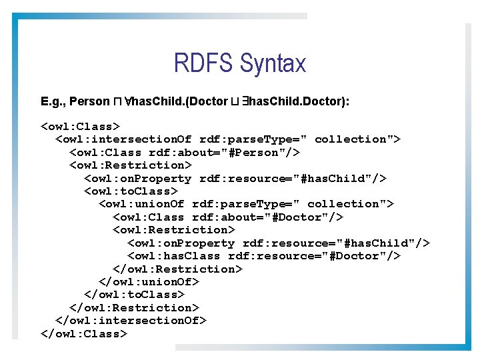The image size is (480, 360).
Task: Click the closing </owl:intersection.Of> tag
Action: coord(131,321)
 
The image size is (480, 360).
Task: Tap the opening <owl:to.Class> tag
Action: coord(131,191)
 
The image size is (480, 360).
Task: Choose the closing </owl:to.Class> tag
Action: coord(134,295)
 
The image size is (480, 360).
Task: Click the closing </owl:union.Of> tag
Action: coord(149,282)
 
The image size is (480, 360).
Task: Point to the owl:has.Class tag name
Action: coord(177,256)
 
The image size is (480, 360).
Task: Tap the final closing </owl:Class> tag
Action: coord(83,334)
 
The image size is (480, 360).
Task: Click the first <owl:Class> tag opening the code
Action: coord(80,126)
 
